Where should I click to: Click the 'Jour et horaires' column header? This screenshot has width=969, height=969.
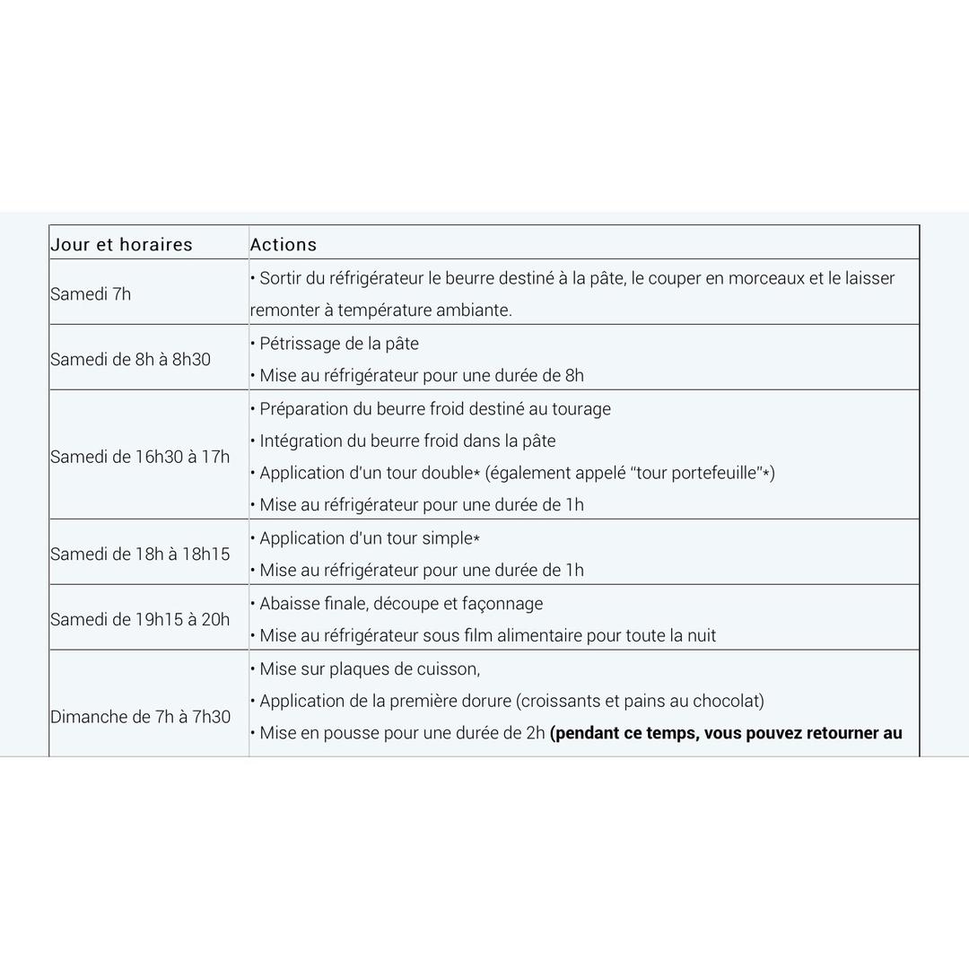(x=121, y=244)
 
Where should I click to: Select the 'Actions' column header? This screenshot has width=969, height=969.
(x=284, y=244)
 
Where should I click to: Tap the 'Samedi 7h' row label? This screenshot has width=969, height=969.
(x=91, y=293)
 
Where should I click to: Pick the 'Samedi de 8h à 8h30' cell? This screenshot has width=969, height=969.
(x=131, y=359)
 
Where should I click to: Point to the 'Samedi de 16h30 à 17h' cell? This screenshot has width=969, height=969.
(x=140, y=456)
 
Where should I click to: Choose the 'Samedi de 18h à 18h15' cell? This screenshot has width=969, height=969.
(x=140, y=554)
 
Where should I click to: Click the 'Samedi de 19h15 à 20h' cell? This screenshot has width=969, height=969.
(x=140, y=619)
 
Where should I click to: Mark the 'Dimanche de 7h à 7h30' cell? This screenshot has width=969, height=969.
(x=141, y=717)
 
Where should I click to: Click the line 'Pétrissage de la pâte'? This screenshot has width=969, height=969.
(x=339, y=344)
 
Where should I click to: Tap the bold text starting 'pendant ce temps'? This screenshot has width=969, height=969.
(x=727, y=733)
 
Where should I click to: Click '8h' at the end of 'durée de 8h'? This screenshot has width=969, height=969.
(x=574, y=376)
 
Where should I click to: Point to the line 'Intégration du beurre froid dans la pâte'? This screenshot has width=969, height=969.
(x=407, y=441)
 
